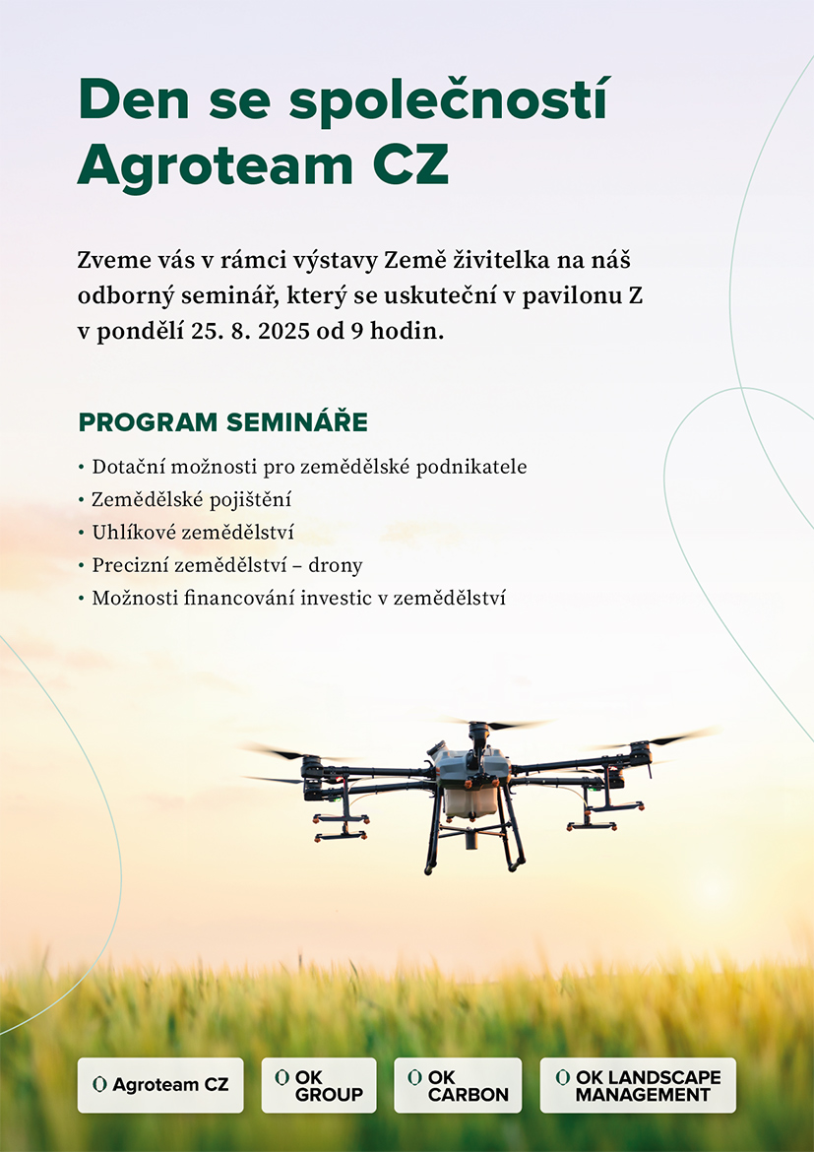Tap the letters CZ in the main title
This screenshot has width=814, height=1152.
(x=410, y=165)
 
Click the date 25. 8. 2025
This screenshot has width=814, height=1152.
(x=250, y=332)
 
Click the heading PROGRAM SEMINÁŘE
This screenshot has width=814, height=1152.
(x=223, y=422)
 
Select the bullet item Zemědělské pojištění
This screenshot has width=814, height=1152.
(x=191, y=500)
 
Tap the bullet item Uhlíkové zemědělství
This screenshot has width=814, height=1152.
(x=193, y=533)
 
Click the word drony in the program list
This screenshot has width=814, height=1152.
(x=335, y=566)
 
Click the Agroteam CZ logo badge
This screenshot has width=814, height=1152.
(x=160, y=1085)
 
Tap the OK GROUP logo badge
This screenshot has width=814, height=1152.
(x=319, y=1085)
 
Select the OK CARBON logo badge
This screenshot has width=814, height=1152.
(x=458, y=1085)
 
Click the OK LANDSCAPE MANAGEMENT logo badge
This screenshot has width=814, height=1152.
(x=638, y=1085)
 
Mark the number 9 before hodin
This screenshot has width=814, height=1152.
(x=356, y=332)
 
